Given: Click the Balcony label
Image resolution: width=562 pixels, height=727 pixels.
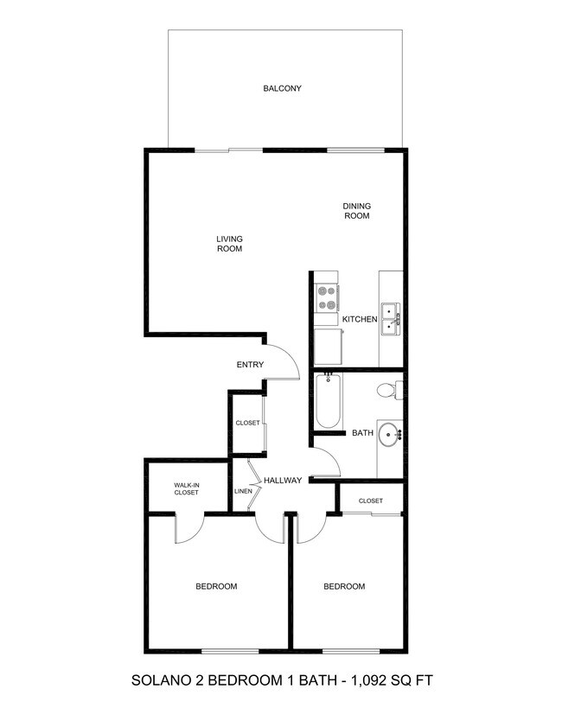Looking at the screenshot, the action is coord(282,88).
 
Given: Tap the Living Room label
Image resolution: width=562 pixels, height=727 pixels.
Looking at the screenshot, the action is coord(229,244).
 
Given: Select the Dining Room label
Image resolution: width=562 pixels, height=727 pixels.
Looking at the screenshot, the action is coord(356,211).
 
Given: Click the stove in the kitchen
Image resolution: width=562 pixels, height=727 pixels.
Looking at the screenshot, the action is coord(327,297).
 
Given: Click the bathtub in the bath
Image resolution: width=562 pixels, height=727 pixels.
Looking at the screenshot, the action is coord(329,400).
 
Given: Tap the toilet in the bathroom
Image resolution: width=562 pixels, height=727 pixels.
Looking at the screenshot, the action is coord(389,390).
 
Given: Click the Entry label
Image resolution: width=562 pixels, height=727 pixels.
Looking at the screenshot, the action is coord(250,365).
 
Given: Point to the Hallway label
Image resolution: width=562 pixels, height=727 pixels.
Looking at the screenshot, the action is coord(283,481).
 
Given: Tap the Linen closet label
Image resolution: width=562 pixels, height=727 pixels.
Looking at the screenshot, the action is coord(243,491).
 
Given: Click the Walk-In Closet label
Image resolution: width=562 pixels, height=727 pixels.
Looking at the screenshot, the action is coord(187,488).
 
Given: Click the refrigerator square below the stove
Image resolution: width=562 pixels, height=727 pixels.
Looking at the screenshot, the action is coord(329,347).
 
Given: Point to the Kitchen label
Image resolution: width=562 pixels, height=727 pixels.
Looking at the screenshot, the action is coord(360,319).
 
